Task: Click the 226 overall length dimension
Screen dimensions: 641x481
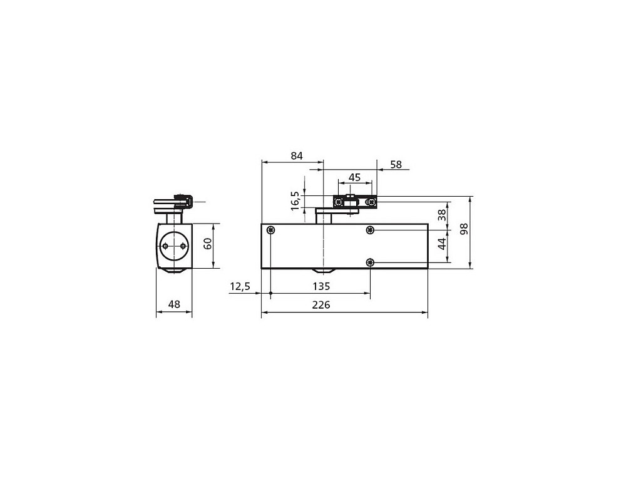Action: pos(321,305)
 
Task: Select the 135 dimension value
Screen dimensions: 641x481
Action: pos(321,286)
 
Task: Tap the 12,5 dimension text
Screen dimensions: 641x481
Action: pos(240,286)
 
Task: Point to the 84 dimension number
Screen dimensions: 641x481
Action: pos(297,156)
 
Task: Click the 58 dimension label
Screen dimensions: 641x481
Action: pos(396,165)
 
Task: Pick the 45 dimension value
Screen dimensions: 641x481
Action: pos(354,177)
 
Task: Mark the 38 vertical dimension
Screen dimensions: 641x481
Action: pos(442,215)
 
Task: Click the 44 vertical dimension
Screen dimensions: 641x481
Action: pos(442,244)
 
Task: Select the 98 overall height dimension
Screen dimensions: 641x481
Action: pos(464,229)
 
